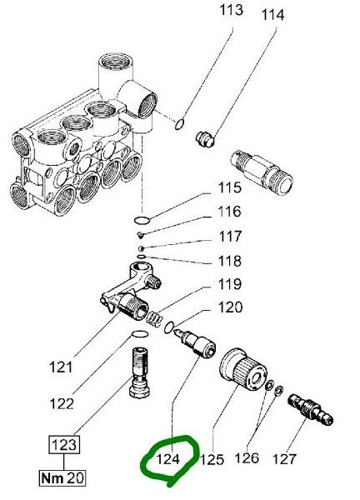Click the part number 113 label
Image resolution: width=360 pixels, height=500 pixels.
coord(231,10)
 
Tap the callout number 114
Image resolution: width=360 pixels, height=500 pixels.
coord(272,15)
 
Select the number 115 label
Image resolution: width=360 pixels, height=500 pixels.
coord(230,187)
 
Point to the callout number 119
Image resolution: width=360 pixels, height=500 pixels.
coord(230,284)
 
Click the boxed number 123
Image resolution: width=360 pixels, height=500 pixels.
coord(64,444)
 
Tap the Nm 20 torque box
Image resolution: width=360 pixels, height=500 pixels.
coord(62,477)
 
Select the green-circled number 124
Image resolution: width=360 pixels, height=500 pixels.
coord(168,459)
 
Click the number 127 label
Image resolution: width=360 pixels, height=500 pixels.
coord(284,459)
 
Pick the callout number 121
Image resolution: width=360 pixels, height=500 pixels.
coord(61,367)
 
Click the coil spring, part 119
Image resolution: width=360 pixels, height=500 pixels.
coord(154,318)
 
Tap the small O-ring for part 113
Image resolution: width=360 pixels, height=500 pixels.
coord(179,124)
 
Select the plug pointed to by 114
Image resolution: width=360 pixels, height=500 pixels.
coord(205,139)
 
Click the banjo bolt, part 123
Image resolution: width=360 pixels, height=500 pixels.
coord(140,372)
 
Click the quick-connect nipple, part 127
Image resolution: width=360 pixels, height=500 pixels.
coord(310,409)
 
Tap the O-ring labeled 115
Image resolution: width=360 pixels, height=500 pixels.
coord(142,220)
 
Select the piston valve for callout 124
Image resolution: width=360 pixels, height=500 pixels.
coord(195,342)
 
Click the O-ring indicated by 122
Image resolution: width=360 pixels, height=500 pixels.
coord(140,334)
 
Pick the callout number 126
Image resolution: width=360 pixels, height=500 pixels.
coord(247,458)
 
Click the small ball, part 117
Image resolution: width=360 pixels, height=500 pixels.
coord(141,248)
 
